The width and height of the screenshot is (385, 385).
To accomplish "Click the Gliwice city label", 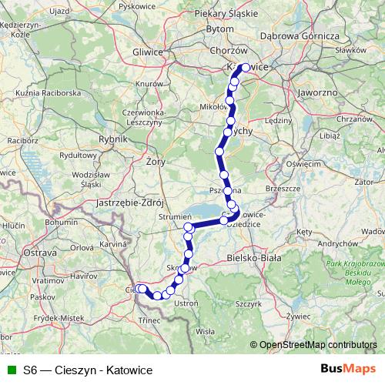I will (x=148, y=52).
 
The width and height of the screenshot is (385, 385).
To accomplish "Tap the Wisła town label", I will (x=206, y=331).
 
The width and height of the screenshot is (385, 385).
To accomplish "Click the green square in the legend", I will (x=10, y=370).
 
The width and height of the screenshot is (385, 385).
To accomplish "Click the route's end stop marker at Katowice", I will (x=246, y=68).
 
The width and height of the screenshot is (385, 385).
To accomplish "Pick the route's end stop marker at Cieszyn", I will (x=140, y=289).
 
